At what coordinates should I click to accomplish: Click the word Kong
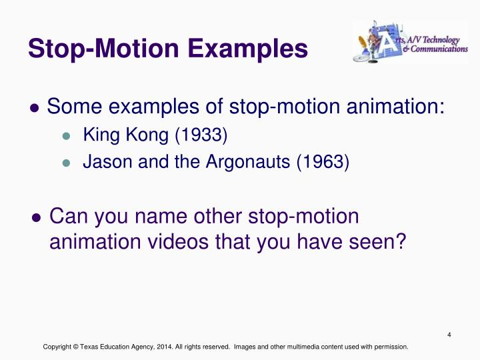[x=153, y=137]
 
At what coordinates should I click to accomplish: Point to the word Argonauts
[x=254, y=162]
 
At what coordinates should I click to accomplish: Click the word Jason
[x=102, y=162]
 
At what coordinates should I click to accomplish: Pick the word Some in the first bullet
[x=73, y=107]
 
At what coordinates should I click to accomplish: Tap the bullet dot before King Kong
[x=65, y=137]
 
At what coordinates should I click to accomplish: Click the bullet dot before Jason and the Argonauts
[x=65, y=163]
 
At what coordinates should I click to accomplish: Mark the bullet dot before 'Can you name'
[x=37, y=218]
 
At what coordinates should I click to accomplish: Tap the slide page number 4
[x=451, y=335]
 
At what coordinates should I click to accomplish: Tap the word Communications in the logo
[x=439, y=49]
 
